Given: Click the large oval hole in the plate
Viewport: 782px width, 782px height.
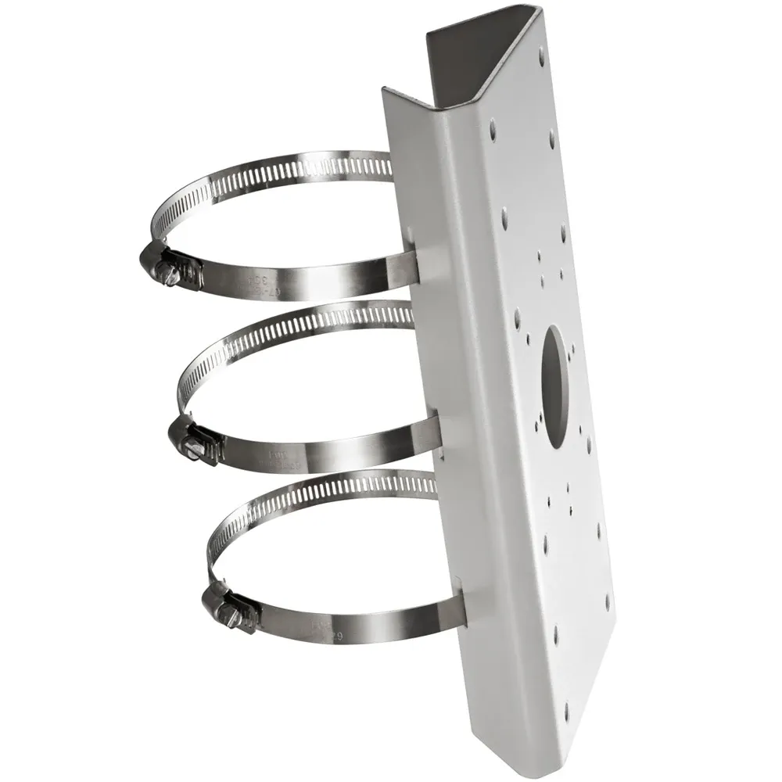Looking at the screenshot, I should tap(557, 386).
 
